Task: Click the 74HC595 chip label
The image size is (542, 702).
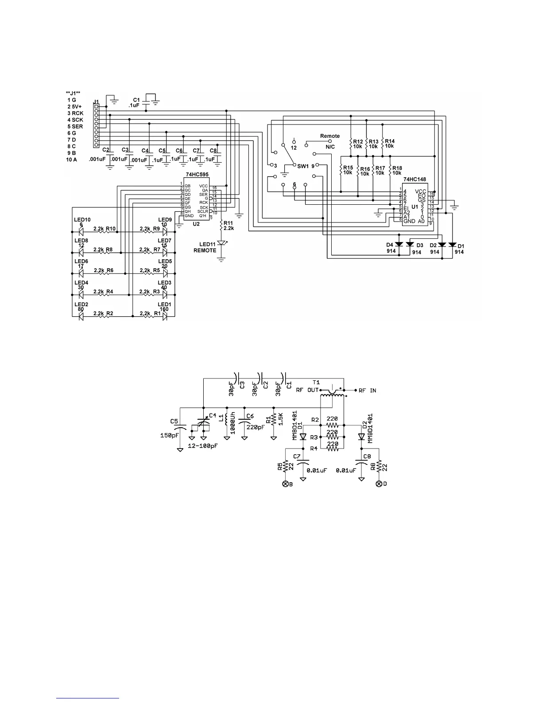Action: point(197,175)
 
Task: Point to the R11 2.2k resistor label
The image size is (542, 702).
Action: point(228,226)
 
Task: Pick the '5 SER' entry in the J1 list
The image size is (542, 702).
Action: point(75,126)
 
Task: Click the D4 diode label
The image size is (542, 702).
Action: point(390,245)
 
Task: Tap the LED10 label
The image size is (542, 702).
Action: point(82,220)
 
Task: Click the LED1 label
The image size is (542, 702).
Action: point(165,304)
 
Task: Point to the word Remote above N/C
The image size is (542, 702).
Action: point(330,136)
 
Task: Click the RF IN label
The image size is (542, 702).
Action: point(367,390)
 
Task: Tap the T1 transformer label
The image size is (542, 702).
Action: point(316,382)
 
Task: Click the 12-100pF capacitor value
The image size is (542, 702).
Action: point(203,445)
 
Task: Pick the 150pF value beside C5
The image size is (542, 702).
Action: point(170,435)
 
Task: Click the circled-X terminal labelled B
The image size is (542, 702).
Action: point(286,484)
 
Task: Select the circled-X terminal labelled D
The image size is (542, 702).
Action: point(379,484)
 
